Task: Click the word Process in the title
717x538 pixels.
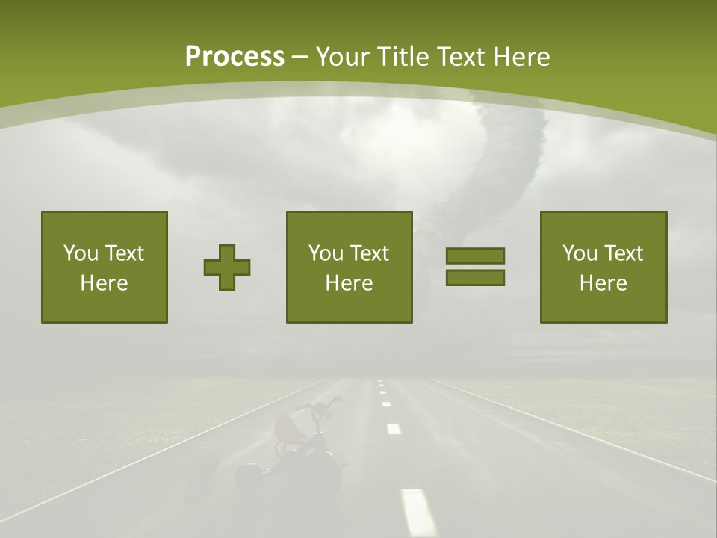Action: (235, 56)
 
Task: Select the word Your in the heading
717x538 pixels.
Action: (339, 56)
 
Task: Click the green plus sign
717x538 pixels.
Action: (227, 268)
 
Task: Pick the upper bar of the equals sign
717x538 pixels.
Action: (475, 256)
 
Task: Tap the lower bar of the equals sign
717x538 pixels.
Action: (475, 277)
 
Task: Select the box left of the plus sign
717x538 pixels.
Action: (104, 267)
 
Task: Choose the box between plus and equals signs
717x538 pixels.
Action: (349, 267)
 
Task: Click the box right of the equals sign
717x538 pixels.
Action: (603, 267)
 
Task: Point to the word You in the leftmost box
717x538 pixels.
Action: (81, 253)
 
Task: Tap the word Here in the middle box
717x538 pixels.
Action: (349, 283)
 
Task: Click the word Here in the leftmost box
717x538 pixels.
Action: (104, 283)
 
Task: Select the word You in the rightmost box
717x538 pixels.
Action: (580, 253)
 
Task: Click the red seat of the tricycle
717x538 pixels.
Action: (287, 428)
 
